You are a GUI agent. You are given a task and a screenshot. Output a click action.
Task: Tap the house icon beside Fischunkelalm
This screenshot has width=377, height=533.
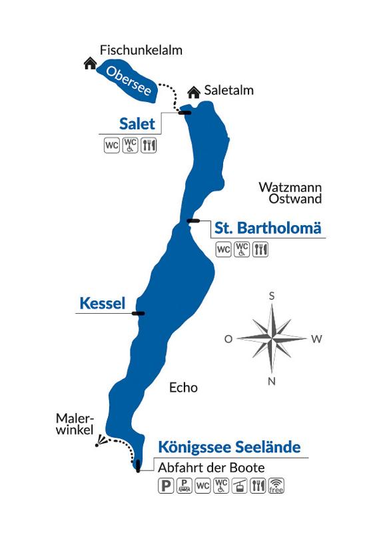89,63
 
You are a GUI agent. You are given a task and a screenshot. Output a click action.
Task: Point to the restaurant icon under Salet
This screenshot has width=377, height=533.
149,144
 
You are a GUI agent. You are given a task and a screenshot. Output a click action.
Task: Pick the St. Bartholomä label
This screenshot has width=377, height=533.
268,229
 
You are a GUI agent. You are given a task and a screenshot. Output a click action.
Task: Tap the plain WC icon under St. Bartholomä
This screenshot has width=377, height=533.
224,250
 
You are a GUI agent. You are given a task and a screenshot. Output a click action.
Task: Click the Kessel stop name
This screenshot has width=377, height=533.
102,304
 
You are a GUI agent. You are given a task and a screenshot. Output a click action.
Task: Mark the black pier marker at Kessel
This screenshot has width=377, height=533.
139,313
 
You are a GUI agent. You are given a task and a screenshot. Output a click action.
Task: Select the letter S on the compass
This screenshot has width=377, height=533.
272,296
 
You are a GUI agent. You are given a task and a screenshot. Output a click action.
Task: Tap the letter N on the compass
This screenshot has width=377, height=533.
271,381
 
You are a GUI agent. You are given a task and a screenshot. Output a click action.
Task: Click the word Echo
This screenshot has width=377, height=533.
184,387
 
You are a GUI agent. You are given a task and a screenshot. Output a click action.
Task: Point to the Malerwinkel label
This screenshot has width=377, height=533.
75,424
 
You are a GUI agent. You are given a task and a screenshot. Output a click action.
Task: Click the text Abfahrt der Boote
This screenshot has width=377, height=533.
210,467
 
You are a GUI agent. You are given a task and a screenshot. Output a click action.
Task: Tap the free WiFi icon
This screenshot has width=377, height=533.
276,486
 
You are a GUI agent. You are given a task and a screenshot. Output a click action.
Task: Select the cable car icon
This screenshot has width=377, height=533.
240,486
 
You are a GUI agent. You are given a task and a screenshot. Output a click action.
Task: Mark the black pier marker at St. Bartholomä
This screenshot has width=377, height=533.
194,221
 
